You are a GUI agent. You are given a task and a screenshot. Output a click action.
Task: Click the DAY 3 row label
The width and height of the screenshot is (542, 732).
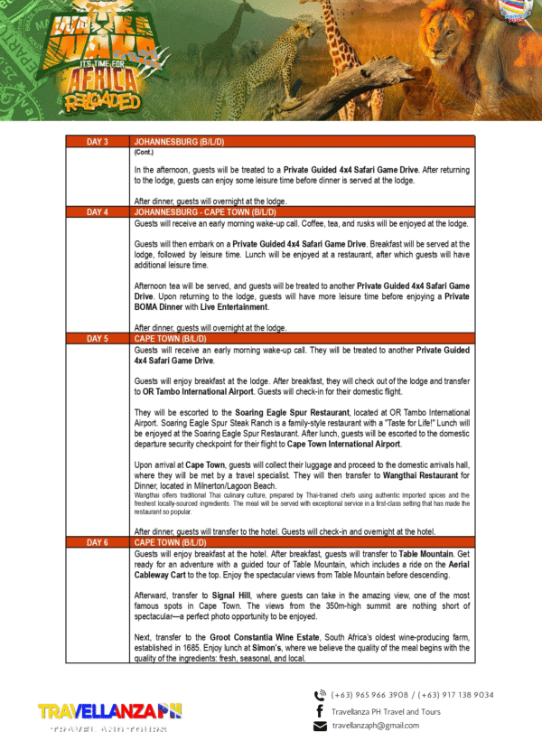[97, 143]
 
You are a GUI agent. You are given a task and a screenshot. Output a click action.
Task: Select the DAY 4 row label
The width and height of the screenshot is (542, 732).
[97, 211]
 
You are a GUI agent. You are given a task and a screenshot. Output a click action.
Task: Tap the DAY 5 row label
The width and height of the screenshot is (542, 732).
[97, 338]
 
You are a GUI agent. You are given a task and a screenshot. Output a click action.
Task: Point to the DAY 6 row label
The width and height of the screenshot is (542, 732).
[97, 542]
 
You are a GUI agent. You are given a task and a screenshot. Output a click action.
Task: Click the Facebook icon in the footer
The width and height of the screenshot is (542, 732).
[320, 711]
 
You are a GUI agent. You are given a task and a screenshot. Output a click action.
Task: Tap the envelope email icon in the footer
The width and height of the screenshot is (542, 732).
[320, 726]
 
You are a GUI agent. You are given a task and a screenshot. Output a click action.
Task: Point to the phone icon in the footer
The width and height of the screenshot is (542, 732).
[320, 695]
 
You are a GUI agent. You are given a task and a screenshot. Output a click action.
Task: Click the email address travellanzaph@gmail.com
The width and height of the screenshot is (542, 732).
[376, 726]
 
